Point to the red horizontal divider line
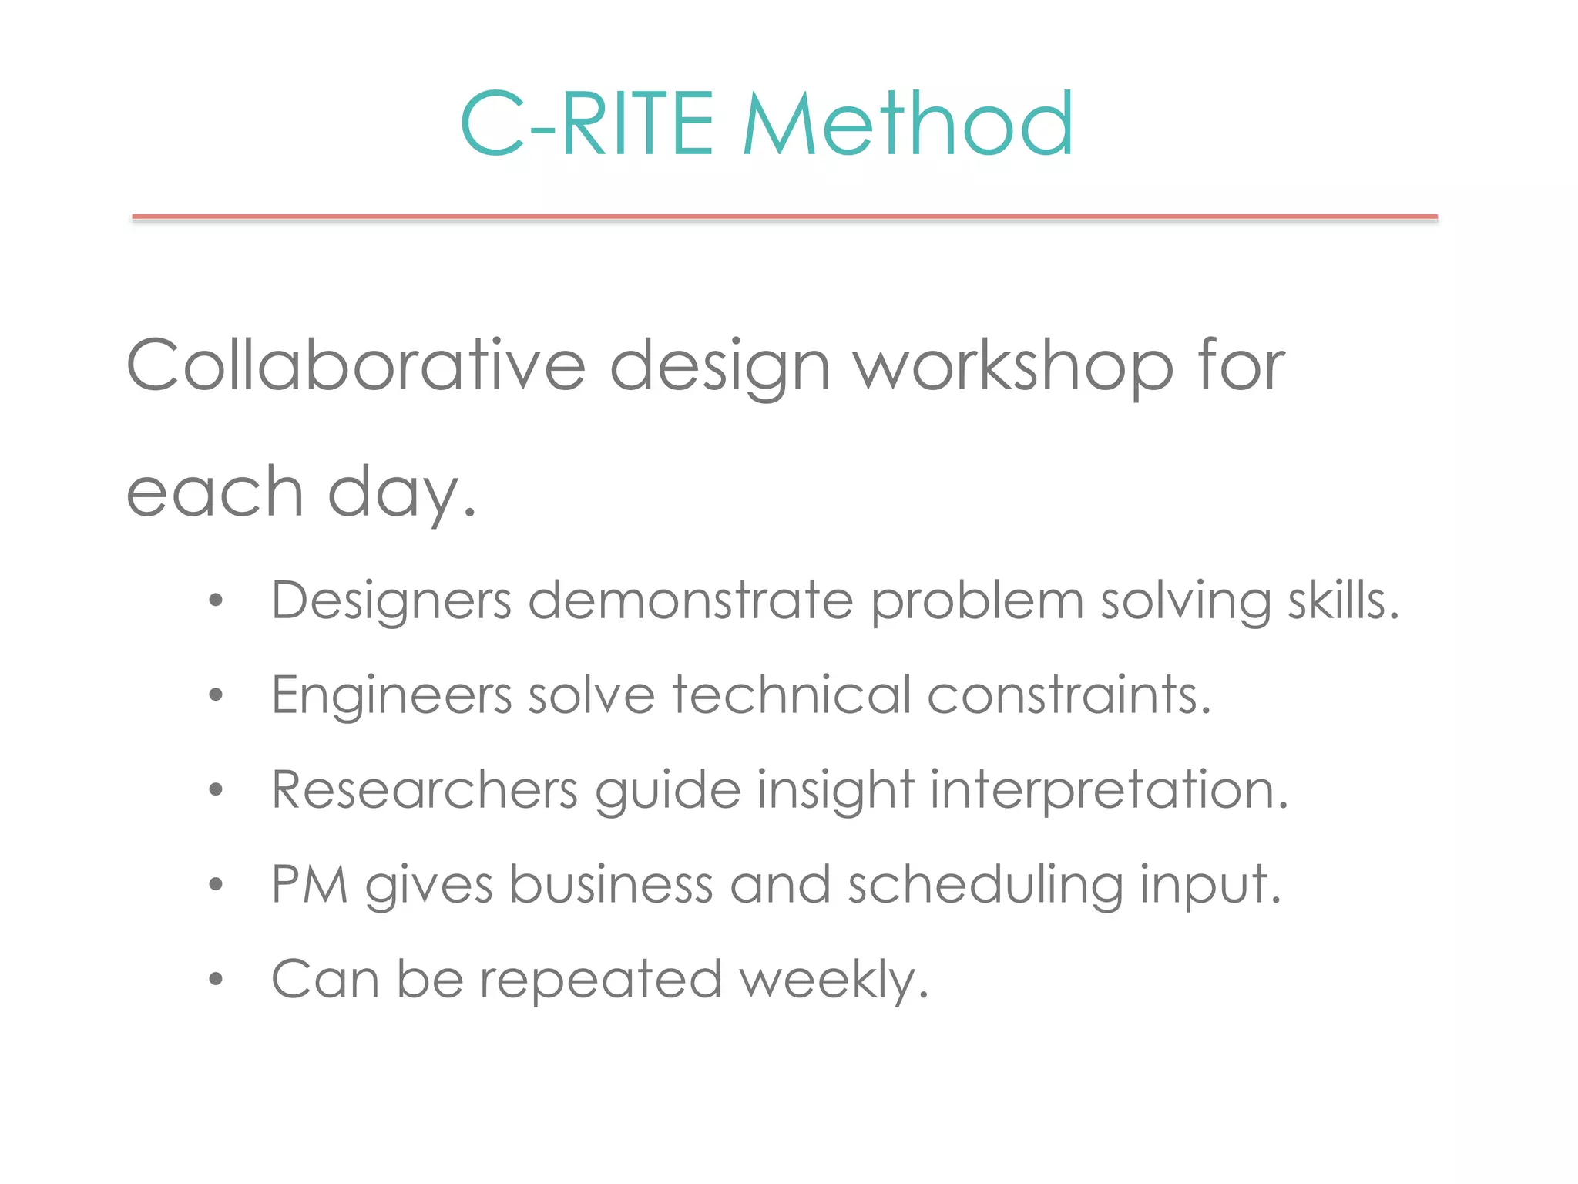tap(784, 217)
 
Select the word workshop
tap(1014, 366)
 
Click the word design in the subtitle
tap(720, 366)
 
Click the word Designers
tap(391, 601)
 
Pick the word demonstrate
tap(691, 600)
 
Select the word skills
tap(1343, 600)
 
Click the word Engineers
tap(391, 695)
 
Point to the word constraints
tap(1069, 695)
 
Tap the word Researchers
tap(425, 790)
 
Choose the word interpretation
tap(1109, 791)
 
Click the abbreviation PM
tap(310, 884)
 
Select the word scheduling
tap(985, 886)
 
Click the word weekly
tap(834, 980)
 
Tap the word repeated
tap(601, 980)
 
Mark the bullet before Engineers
tap(216, 695)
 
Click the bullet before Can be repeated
tap(216, 980)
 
